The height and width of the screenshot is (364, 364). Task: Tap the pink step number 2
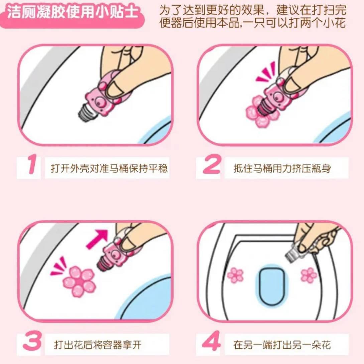point(211,164)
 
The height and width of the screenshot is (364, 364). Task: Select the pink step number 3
point(32,341)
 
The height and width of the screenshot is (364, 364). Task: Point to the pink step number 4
point(211,341)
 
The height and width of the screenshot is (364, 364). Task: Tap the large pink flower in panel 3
point(80,281)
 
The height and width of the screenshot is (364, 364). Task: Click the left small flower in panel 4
point(235,275)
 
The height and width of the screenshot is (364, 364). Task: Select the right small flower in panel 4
point(309,275)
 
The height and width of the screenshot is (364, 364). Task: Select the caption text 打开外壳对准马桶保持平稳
point(109,168)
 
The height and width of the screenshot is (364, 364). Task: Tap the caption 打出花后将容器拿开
point(98,345)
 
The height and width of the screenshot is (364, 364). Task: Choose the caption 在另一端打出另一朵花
point(282,345)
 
